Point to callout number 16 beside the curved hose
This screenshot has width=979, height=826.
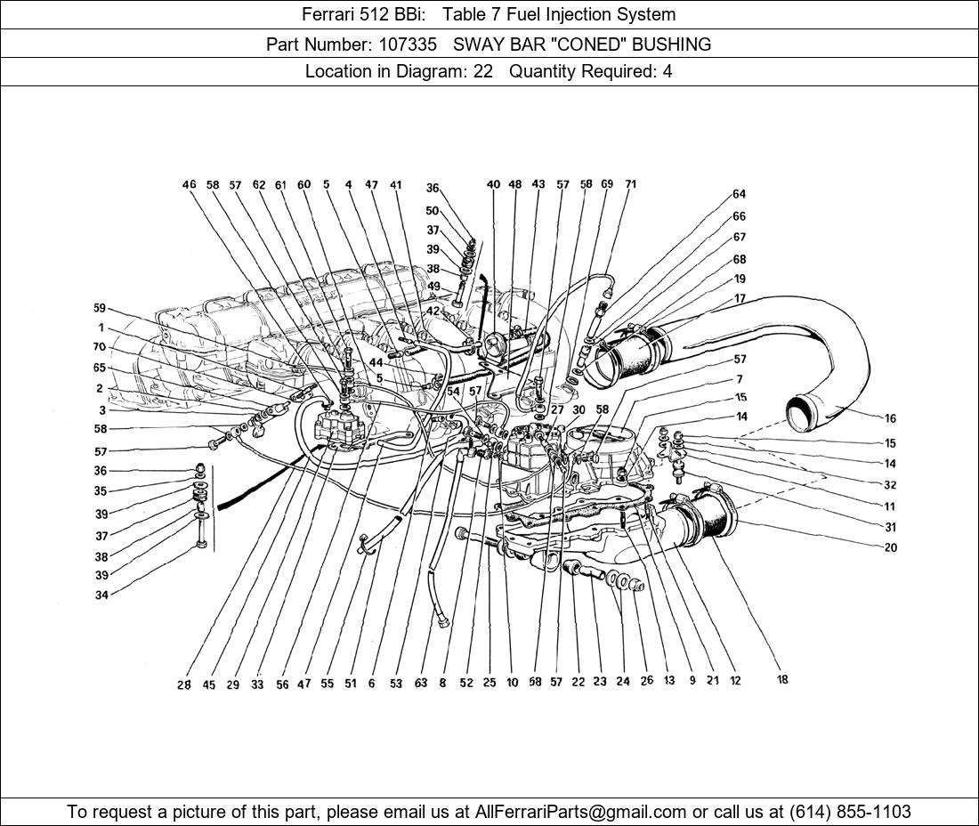pos(890,418)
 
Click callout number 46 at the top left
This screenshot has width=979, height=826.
pos(189,185)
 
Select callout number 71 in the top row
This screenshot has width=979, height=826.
pos(630,185)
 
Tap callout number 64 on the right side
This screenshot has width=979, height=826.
pos(739,194)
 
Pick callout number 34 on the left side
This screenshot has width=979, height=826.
pos(101,595)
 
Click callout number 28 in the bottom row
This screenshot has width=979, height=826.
pos(183,684)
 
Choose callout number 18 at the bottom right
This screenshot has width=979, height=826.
pos(782,680)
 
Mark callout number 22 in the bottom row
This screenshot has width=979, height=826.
pos(578,682)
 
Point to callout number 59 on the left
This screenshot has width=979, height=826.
pos(100,309)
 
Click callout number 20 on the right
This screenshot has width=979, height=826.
pos(890,548)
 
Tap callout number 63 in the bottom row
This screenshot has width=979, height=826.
pos(421,684)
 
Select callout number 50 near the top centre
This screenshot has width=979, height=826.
pos(433,211)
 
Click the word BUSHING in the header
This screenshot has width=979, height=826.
pos(673,44)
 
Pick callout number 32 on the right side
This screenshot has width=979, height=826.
pos(890,485)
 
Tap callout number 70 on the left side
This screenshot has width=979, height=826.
pos(100,347)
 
